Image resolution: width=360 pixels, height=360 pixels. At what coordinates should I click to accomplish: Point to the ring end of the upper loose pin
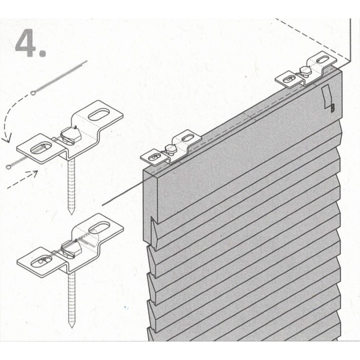click(x=33, y=93)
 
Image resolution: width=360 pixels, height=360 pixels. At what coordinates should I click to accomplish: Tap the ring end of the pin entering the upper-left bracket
click(x=9, y=167)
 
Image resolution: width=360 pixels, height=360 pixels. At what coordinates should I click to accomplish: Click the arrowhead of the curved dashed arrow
click(x=6, y=139)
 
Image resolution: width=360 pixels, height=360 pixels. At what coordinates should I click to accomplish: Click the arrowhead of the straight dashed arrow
click(x=35, y=173)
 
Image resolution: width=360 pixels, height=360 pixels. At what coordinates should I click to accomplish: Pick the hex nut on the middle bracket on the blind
click(x=170, y=149)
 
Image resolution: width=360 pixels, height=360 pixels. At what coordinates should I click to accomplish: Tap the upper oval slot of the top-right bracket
click(x=322, y=60)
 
